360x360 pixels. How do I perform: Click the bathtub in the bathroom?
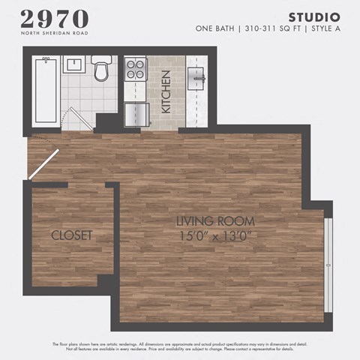(x=46, y=90)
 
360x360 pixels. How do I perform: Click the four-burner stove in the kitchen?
(x=135, y=70)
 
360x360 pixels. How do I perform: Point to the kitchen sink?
(x=196, y=75)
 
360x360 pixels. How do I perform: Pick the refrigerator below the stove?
(x=136, y=113)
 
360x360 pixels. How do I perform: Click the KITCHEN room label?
(x=166, y=91)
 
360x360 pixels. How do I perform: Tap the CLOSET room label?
(x=71, y=235)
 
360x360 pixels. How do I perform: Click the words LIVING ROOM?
(x=215, y=221)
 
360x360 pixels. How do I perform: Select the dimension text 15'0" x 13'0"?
(x=215, y=235)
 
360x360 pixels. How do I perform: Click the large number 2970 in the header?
(x=54, y=19)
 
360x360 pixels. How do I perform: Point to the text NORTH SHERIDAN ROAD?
(x=54, y=33)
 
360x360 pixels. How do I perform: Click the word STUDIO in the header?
(x=314, y=16)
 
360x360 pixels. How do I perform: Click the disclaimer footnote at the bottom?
(x=180, y=346)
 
